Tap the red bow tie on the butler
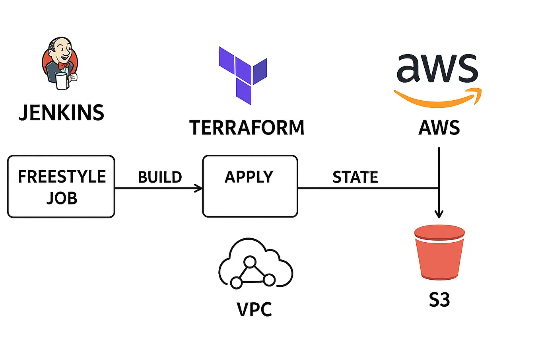(x=64, y=65)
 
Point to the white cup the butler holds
(x=62, y=81)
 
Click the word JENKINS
(x=62, y=113)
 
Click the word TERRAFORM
(x=247, y=128)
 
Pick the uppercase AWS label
(x=439, y=128)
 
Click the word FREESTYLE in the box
(x=62, y=177)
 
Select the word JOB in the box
(x=62, y=198)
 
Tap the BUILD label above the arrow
(x=160, y=177)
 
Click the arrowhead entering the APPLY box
(x=199, y=188)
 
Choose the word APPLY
(x=249, y=177)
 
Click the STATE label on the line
(x=355, y=177)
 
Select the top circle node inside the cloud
(x=250, y=262)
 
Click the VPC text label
(x=254, y=309)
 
